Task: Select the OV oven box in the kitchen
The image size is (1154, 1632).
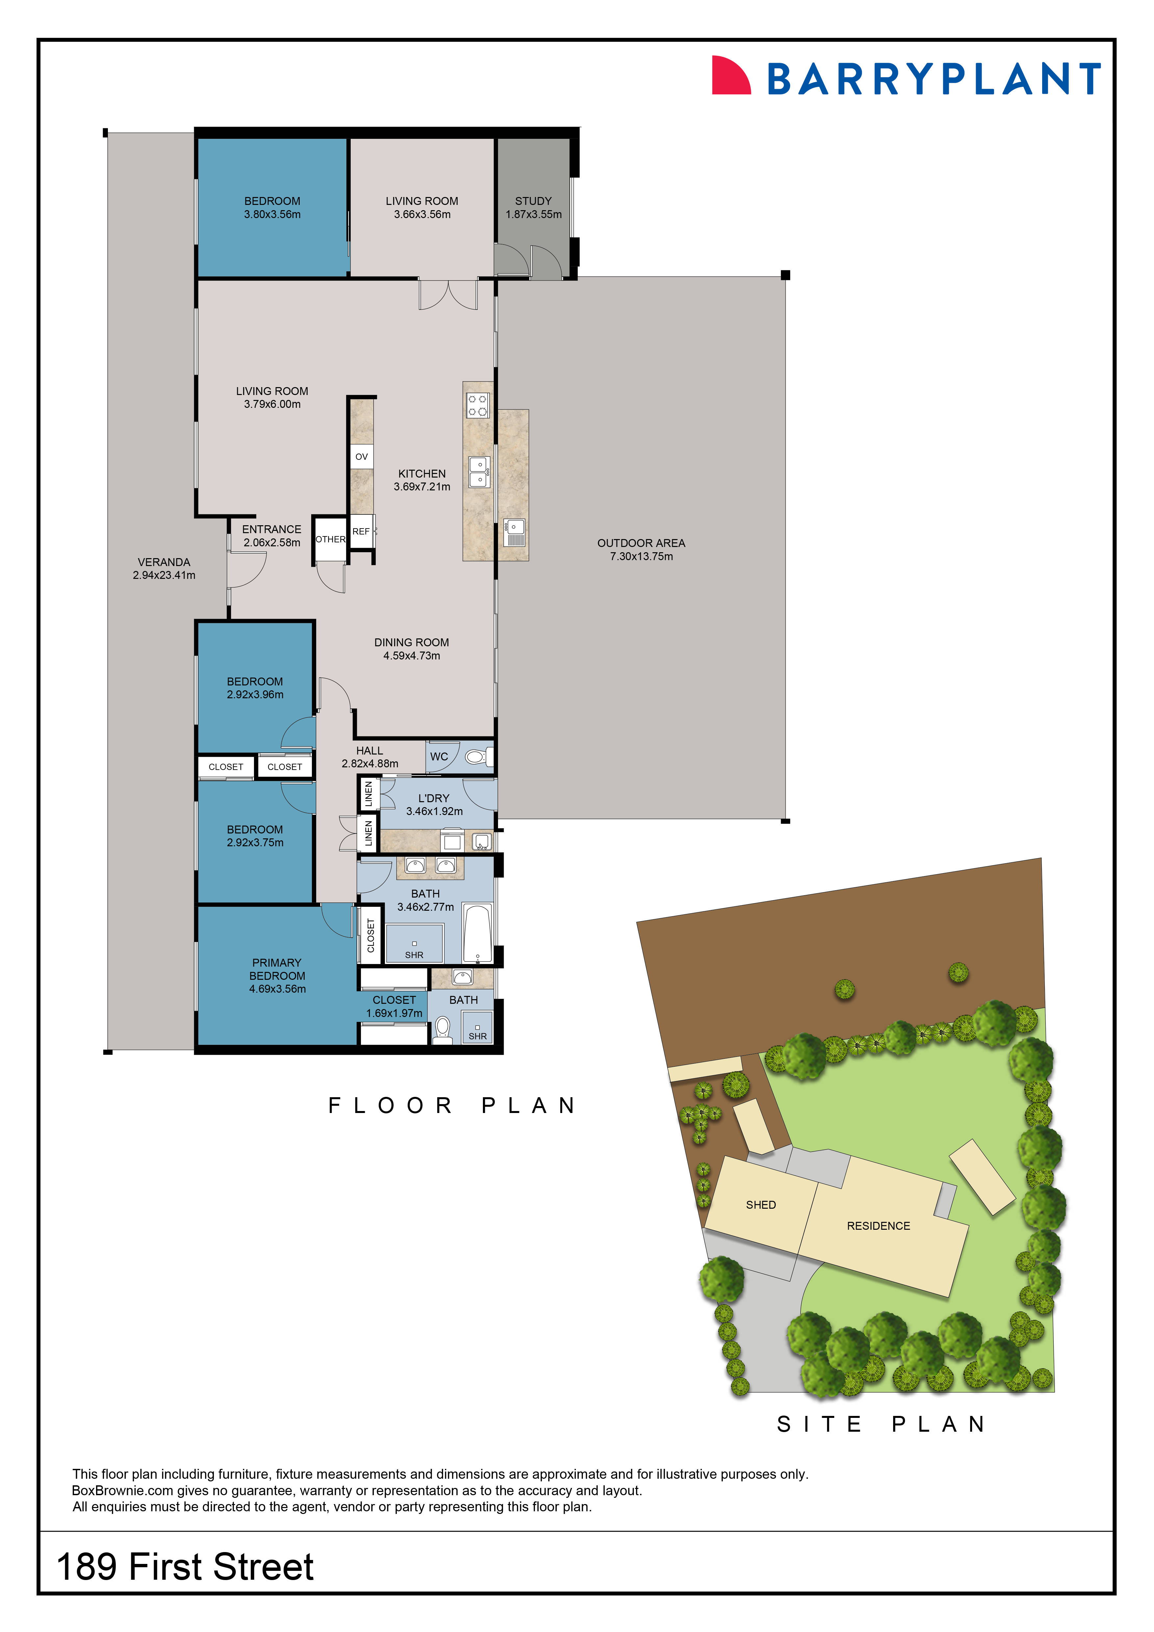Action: [361, 456]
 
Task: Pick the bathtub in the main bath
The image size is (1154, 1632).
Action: [477, 932]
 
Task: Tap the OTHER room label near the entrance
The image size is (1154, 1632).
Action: [330, 539]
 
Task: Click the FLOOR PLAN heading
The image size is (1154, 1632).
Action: [452, 1106]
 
